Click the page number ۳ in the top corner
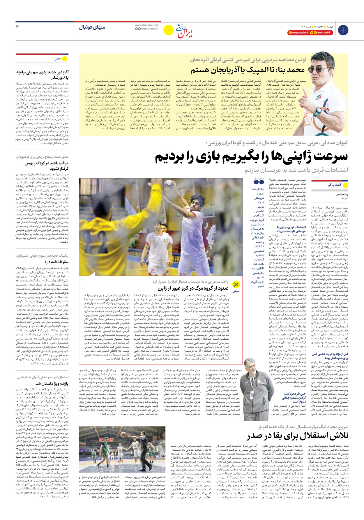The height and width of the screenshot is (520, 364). [17, 27]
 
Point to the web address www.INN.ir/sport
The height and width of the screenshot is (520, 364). [146, 25]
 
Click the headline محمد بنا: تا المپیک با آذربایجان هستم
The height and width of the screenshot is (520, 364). [248, 70]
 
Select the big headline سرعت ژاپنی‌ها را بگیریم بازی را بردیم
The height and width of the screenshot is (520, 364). [251, 157]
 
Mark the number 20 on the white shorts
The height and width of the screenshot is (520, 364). [153, 271]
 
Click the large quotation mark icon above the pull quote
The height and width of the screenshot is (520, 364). [259, 182]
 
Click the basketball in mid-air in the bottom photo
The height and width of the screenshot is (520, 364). [123, 434]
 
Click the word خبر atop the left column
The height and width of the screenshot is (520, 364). [58, 59]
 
